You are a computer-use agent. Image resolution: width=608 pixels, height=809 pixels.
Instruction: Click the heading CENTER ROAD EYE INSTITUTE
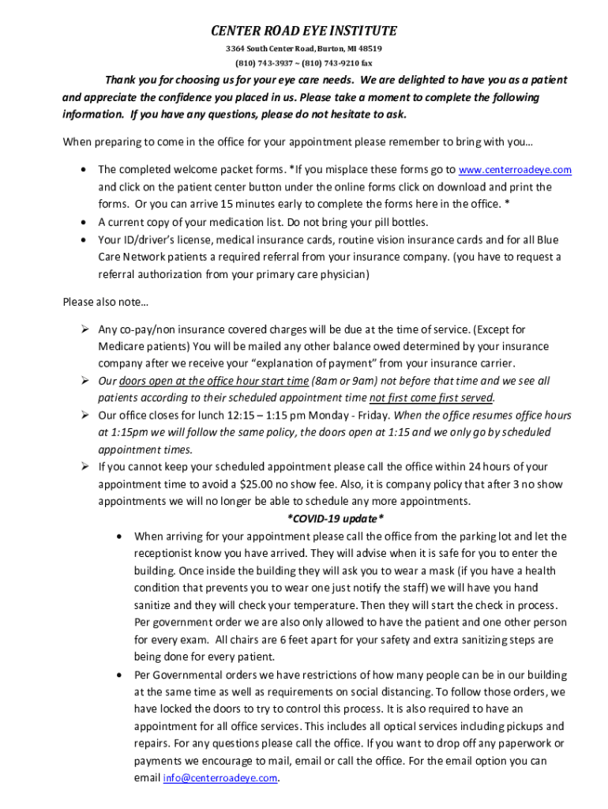(303, 32)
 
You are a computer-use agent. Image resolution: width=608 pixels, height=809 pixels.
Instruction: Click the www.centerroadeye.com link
(515, 170)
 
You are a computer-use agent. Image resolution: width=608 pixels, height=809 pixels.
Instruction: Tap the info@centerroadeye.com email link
(221, 778)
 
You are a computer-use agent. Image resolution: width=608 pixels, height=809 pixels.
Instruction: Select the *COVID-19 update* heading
(335, 518)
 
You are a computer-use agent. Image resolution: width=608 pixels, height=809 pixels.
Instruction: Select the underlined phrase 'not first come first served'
(431, 397)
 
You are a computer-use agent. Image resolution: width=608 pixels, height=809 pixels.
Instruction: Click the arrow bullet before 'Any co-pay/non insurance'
(83, 329)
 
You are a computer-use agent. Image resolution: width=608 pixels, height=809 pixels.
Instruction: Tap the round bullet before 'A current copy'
(83, 222)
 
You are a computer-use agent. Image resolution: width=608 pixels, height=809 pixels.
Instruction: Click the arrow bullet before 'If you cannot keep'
(83, 467)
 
